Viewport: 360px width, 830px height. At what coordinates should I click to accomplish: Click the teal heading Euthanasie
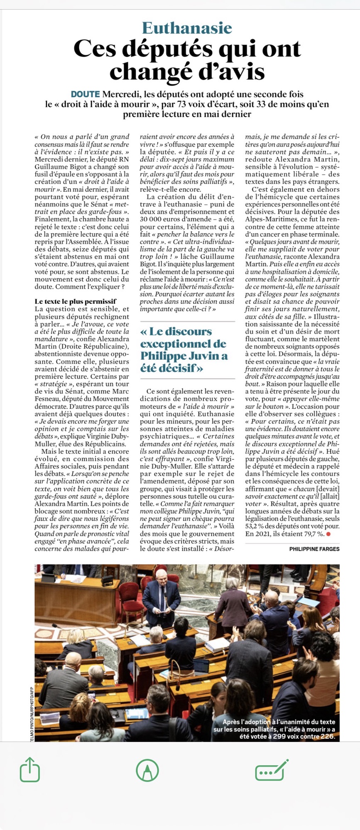(x=187, y=28)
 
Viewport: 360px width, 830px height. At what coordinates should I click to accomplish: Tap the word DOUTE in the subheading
(x=85, y=94)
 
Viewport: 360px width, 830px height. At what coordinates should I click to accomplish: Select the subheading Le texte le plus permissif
(x=75, y=301)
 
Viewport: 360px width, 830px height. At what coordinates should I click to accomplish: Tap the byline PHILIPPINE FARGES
(x=314, y=549)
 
